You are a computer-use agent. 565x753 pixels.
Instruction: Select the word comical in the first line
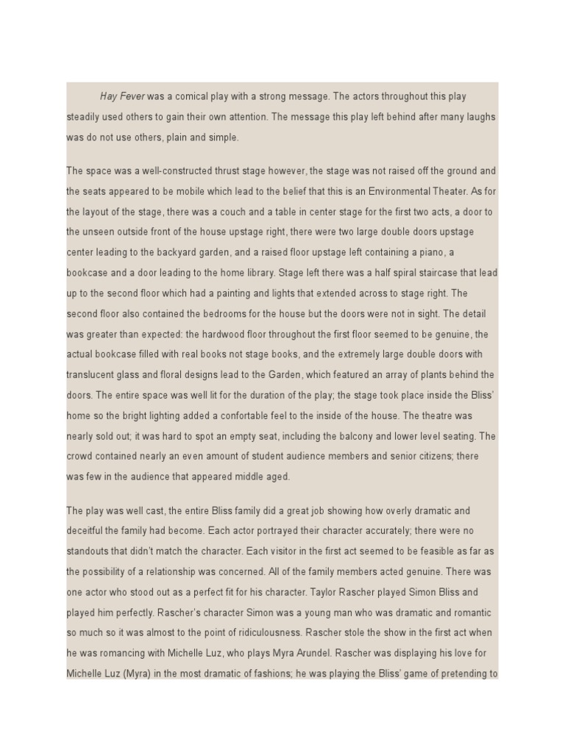click(x=193, y=96)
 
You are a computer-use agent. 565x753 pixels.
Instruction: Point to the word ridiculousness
click(x=260, y=632)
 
